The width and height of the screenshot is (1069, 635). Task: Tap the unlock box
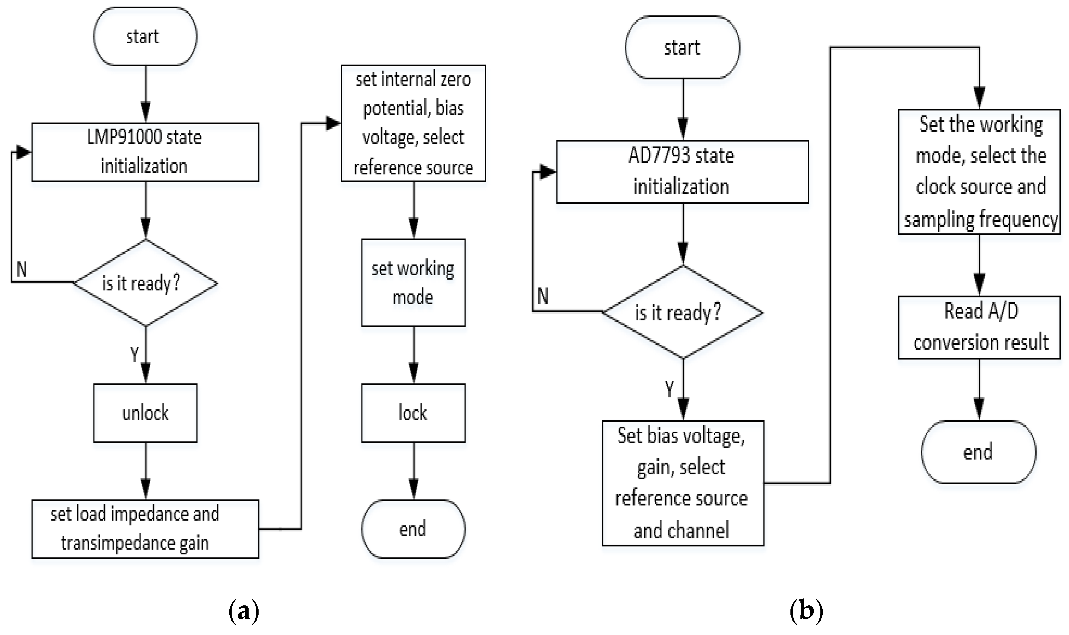tap(145, 413)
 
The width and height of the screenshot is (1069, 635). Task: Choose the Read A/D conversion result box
tap(979, 327)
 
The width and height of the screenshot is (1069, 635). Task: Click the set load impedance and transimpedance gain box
tap(145, 529)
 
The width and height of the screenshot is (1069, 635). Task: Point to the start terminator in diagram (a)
tap(145, 36)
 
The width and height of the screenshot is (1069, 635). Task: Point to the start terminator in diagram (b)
tap(682, 47)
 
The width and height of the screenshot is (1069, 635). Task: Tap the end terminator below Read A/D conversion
tap(978, 452)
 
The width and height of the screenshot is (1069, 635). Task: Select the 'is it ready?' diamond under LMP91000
tap(145, 283)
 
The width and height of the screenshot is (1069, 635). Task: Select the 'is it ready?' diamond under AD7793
tap(683, 312)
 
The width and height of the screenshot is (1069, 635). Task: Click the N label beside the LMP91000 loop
tap(21, 270)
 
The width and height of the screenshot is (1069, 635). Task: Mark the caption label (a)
tap(244, 611)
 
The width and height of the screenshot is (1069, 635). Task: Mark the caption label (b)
tap(806, 611)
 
